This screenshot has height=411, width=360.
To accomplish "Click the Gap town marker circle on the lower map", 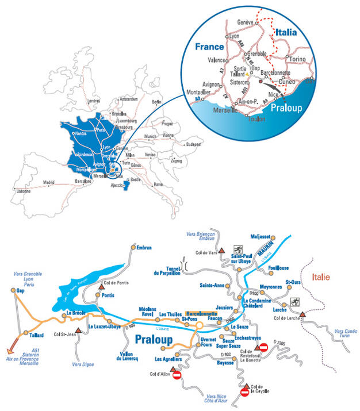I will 14,291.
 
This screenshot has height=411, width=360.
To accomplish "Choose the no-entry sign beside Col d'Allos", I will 177,375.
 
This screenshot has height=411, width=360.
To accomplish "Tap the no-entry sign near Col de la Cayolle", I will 244,393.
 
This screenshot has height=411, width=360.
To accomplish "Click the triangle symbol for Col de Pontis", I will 102,284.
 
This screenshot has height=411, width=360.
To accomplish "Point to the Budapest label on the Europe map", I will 193,145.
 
